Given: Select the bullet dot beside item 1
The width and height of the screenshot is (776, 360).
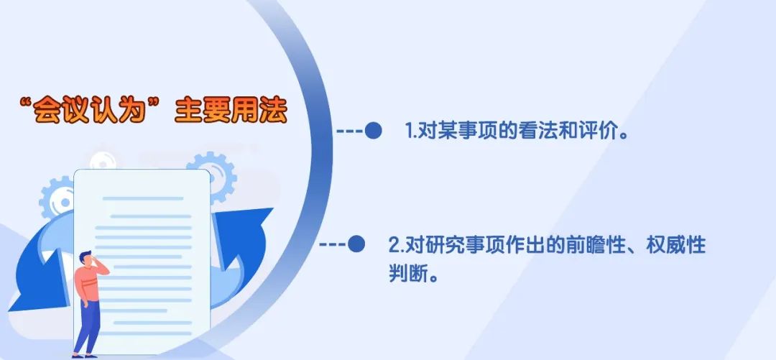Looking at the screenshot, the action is (x=373, y=131).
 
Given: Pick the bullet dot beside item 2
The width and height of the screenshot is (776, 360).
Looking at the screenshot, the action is (x=356, y=244).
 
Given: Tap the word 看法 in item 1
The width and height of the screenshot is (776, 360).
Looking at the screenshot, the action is (x=537, y=131).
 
